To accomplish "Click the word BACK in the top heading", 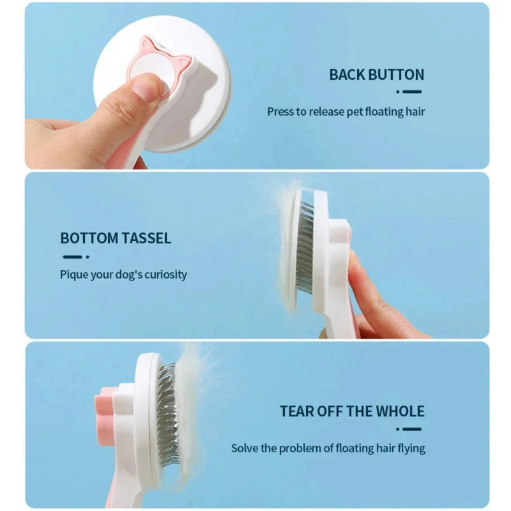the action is (x=347, y=75).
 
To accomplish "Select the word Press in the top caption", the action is (x=280, y=112).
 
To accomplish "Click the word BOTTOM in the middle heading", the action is (x=89, y=238).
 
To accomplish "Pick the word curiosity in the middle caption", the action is (x=166, y=275).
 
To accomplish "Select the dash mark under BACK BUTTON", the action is (x=409, y=92).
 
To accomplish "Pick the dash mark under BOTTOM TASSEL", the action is (x=76, y=257).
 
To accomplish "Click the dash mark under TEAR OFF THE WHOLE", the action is (x=409, y=429).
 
